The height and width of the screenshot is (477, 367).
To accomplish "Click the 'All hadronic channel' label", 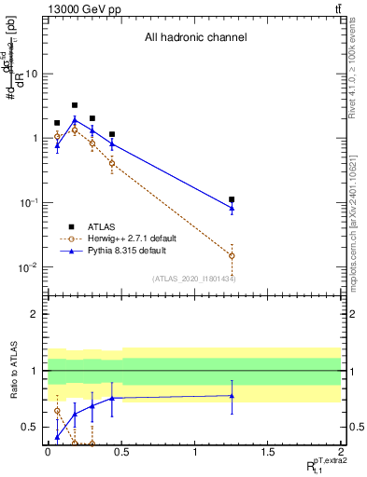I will tap(195, 38).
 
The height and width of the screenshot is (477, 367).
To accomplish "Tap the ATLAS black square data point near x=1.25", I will tap(232, 199).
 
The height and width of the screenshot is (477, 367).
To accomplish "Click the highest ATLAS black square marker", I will tap(75, 105).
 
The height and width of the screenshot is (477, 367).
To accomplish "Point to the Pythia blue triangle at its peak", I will tap(75, 119).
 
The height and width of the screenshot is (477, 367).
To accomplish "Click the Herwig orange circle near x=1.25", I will tap(232, 255).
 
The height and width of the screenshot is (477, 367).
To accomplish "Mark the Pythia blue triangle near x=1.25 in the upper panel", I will tap(232, 208).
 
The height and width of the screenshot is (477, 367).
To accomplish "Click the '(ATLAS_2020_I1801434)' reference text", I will tap(193, 279).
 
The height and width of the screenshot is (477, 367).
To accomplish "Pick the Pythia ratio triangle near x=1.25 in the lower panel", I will tap(232, 396).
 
